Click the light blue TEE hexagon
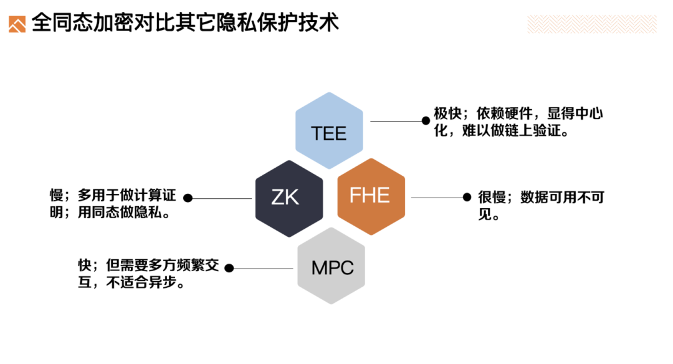(x=328, y=131)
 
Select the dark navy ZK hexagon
(x=289, y=198)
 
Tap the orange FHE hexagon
(x=371, y=196)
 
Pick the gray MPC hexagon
(x=331, y=266)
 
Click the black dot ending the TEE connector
(x=426, y=121)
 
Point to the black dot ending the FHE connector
(x=467, y=198)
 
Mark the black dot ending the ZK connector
(x=188, y=198)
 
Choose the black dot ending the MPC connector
(x=229, y=268)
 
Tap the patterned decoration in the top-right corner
(x=591, y=24)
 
